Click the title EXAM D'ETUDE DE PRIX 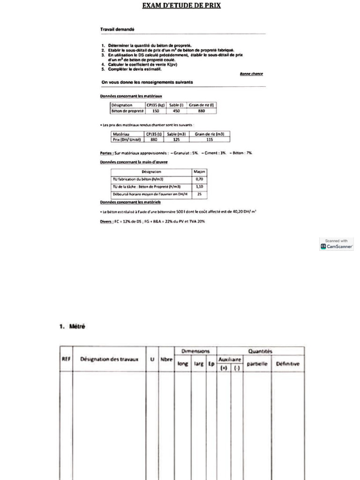pos(181,6)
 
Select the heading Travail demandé pos(117,29)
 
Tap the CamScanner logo pos(337,246)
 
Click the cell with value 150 pos(156,111)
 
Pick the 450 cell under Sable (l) pos(176,111)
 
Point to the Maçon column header pos(199,172)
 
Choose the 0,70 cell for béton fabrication pos(199,179)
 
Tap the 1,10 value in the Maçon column pos(199,186)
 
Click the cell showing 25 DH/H pos(199,194)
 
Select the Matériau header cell pos(122,134)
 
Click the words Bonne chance pos(251,74)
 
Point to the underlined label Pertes pos(106,153)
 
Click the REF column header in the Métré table pos(66,359)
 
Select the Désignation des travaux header pos(109,359)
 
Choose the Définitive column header pos(288,364)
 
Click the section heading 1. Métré pos(72,327)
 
